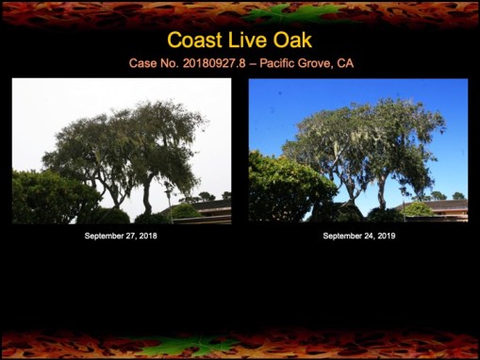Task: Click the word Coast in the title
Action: tap(195, 41)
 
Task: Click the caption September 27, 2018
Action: tap(121, 236)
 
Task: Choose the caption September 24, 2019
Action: tap(358, 236)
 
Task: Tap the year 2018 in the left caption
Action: tap(147, 236)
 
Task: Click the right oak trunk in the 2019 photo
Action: tap(382, 194)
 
